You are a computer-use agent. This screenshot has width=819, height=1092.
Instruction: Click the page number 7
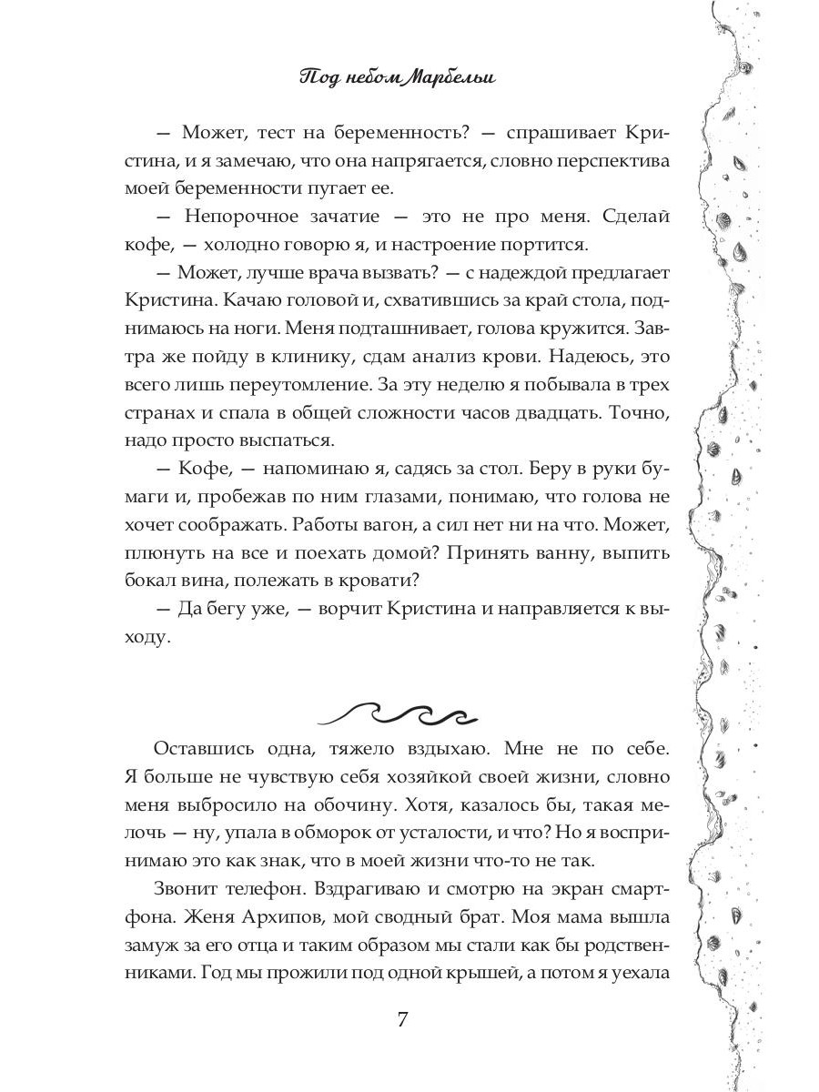(x=403, y=1017)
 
